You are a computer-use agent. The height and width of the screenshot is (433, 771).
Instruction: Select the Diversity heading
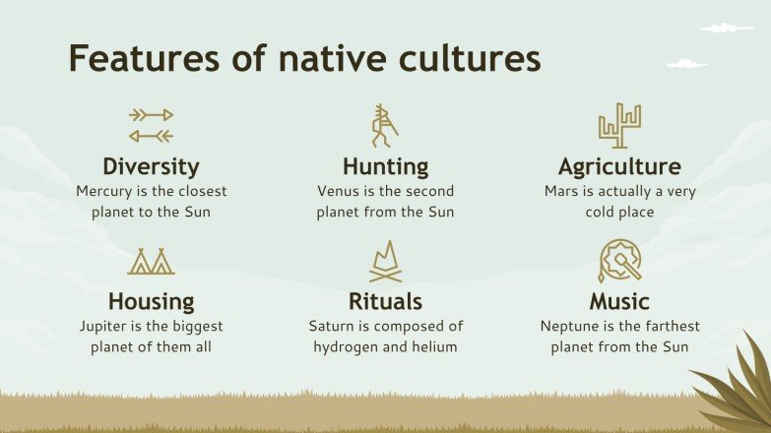(x=151, y=166)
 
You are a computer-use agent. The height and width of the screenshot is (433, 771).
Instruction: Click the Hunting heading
(x=385, y=166)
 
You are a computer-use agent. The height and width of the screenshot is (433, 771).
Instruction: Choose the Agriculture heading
(x=619, y=166)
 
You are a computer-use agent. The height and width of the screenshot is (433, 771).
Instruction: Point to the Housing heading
(x=151, y=301)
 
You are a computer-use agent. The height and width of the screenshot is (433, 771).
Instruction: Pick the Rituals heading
(x=385, y=301)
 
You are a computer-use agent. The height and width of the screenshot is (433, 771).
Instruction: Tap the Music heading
(x=619, y=301)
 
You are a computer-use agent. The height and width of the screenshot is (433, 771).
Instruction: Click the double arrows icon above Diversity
(x=151, y=125)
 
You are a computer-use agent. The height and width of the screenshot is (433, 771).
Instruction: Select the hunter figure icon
(x=384, y=125)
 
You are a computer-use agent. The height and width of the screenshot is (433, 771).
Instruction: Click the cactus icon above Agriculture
(x=619, y=126)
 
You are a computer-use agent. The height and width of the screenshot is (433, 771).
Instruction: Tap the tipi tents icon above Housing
(x=151, y=261)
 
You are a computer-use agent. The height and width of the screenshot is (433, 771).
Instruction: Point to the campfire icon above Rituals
(x=385, y=262)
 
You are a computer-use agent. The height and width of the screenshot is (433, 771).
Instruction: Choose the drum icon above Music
(x=619, y=261)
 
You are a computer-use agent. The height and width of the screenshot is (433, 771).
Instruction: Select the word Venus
(x=338, y=191)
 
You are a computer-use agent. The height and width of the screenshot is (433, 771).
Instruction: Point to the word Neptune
(x=571, y=326)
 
